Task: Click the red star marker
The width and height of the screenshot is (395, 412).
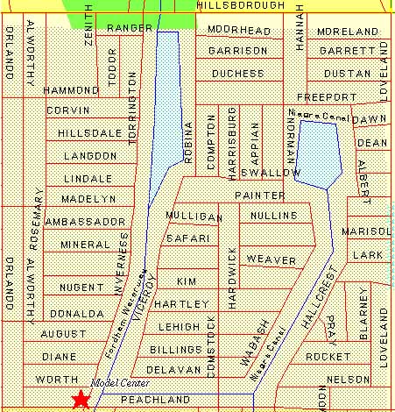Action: [x=81, y=400]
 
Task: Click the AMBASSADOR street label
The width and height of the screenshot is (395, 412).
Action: [x=85, y=222]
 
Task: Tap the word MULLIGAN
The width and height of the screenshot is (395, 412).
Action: [x=194, y=216]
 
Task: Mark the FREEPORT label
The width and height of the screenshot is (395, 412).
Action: [x=326, y=96]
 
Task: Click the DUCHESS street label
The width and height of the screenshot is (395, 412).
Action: [x=237, y=74]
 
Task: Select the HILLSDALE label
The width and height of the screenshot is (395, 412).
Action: [x=89, y=132]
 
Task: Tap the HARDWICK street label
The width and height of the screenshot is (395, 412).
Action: [x=232, y=277]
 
